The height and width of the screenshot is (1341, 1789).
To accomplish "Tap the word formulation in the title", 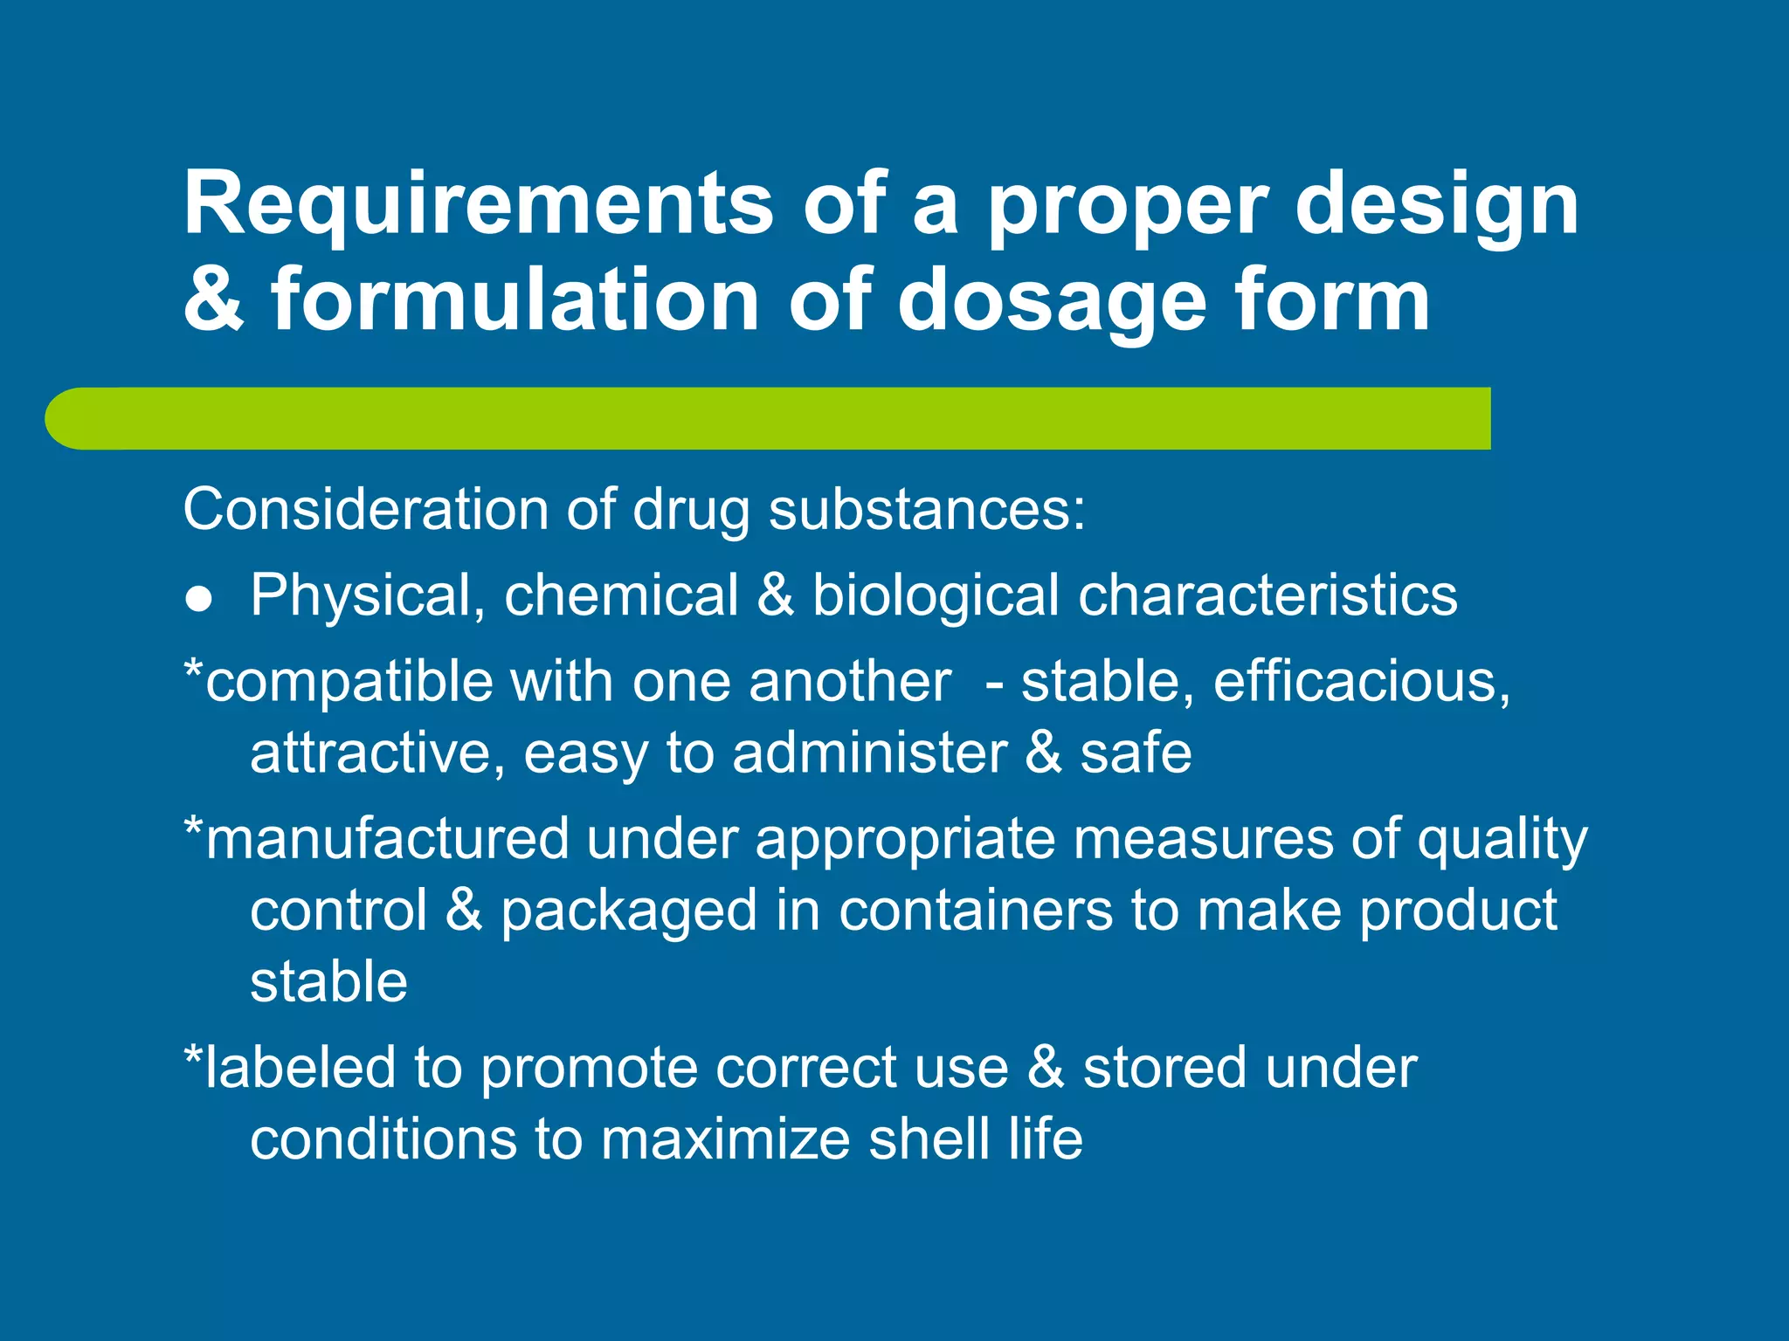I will (515, 301).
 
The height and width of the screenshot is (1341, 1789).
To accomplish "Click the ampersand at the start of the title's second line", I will (213, 301).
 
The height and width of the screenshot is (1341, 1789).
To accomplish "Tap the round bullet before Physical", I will (199, 599).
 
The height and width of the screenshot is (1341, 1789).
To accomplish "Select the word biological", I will (936, 595).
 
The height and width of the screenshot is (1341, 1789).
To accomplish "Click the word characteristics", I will (1267, 595).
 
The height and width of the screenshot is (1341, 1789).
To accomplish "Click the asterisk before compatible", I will (193, 672).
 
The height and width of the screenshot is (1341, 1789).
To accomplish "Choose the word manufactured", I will (388, 839).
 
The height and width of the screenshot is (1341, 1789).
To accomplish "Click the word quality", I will (1502, 841).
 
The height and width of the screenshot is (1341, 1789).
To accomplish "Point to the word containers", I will (976, 911).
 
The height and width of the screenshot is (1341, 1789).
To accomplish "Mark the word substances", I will (926, 509).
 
